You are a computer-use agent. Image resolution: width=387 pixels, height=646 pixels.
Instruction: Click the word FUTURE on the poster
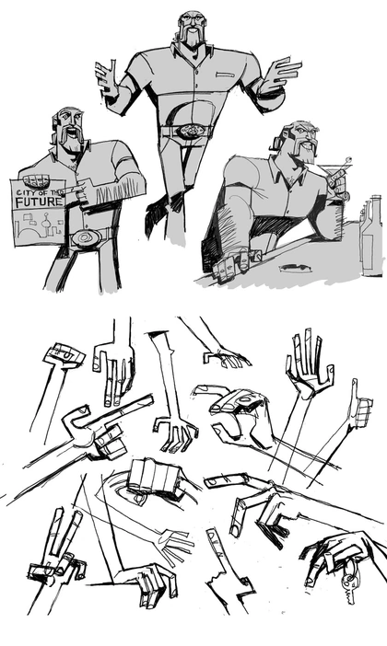pos(40,202)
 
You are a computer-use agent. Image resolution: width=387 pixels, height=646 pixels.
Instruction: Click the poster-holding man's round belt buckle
pos(86,237)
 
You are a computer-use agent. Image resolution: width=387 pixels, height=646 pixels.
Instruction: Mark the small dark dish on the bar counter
pos(294,268)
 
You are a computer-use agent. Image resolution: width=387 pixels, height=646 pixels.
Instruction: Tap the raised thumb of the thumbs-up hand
pos(354,390)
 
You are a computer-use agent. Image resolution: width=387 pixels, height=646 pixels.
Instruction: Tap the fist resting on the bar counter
pos(232,264)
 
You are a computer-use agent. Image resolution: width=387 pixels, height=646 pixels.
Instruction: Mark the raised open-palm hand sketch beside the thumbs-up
pos(308,363)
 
